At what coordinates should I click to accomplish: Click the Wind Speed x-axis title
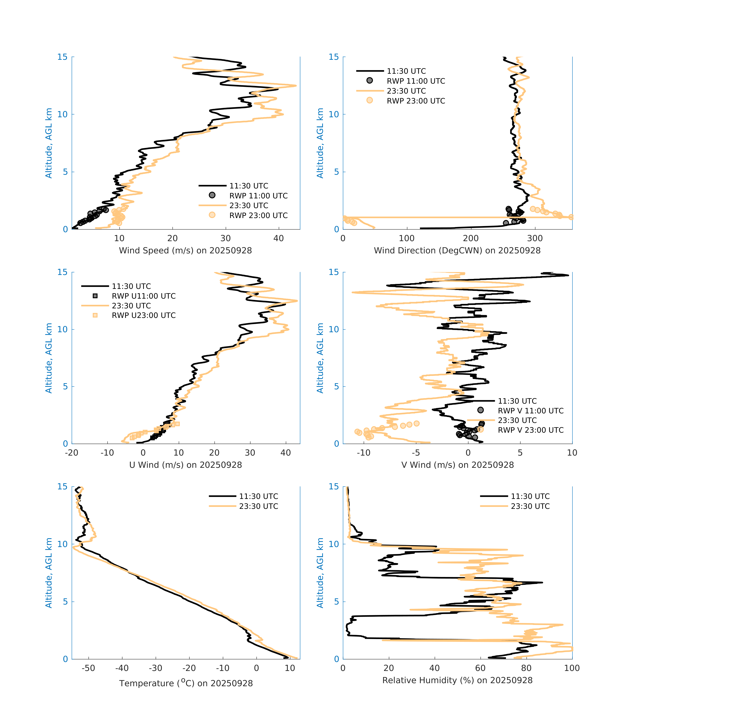click(x=185, y=251)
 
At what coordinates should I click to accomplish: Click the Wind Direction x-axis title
click(x=457, y=251)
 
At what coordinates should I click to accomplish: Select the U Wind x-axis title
click(x=185, y=465)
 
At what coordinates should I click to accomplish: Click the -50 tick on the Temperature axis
click(x=88, y=668)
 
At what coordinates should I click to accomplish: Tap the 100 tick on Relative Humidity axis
click(x=572, y=668)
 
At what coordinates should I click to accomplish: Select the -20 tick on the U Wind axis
click(x=71, y=453)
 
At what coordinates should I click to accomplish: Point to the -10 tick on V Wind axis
click(x=364, y=453)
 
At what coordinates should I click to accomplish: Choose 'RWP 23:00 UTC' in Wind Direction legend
click(x=416, y=101)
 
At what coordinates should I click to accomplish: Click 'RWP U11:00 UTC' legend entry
click(x=144, y=296)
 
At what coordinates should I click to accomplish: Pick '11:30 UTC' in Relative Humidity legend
click(x=530, y=496)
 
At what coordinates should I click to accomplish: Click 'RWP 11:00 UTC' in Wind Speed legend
click(x=258, y=196)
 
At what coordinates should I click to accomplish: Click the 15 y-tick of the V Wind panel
click(x=333, y=272)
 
